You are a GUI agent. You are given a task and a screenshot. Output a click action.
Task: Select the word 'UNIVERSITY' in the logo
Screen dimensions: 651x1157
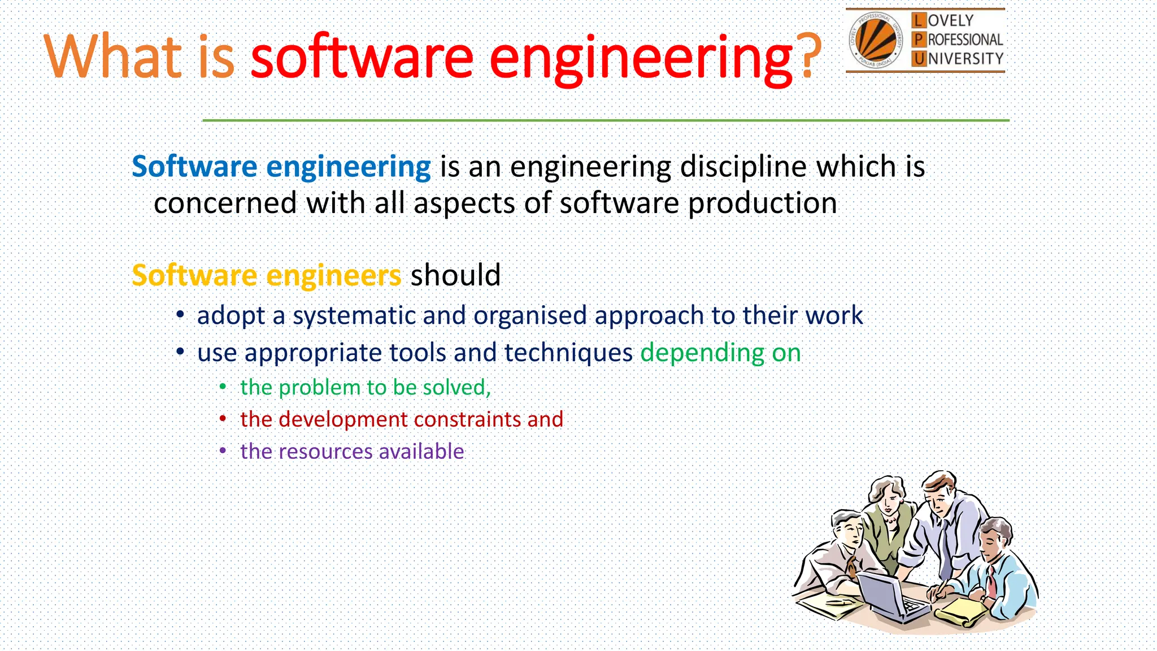(965, 59)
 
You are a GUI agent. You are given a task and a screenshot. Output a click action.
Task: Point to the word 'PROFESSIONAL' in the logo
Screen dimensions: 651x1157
(965, 40)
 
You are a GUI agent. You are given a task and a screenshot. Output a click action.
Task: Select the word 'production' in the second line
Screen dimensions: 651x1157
(762, 203)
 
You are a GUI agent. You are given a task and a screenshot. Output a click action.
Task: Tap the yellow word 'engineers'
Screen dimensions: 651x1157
(333, 276)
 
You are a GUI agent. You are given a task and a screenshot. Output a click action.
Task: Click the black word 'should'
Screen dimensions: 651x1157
(455, 276)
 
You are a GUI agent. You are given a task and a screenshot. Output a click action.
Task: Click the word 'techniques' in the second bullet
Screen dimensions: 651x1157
(568, 353)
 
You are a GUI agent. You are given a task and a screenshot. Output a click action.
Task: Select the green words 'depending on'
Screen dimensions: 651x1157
(720, 353)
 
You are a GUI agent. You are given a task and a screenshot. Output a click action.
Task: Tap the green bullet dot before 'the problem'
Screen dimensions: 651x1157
(223, 387)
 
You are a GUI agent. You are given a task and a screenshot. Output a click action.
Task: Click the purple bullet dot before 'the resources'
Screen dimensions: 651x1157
(223, 451)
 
